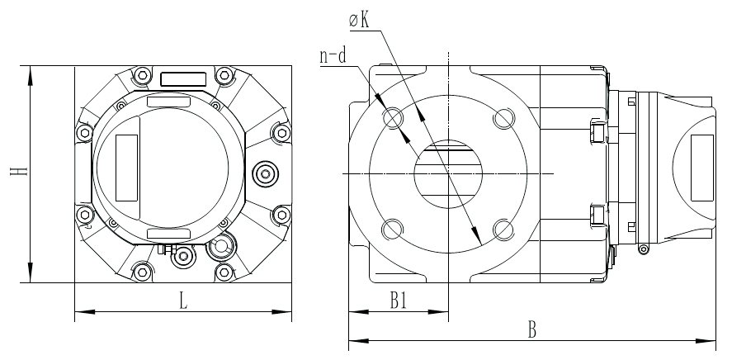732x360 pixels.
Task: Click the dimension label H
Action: pyautogui.click(x=19, y=172)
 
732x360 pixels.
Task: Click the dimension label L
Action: pyautogui.click(x=184, y=301)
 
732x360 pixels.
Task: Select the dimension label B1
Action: pyautogui.click(x=399, y=301)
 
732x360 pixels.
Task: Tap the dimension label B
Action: pyautogui.click(x=531, y=330)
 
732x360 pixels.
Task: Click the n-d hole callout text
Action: pyautogui.click(x=333, y=56)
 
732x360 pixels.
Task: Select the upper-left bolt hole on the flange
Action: pyautogui.click(x=393, y=117)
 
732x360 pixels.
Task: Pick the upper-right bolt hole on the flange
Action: pyautogui.click(x=503, y=118)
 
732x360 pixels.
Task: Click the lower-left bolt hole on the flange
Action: pyautogui.click(x=392, y=229)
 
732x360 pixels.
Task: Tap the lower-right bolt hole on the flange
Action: pyautogui.click(x=503, y=229)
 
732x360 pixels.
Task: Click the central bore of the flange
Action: pyautogui.click(x=447, y=173)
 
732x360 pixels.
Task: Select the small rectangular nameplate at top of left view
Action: pyautogui.click(x=183, y=79)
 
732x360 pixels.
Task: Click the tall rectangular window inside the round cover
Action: pyautogui.click(x=126, y=168)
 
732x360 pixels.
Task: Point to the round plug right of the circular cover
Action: pyautogui.click(x=266, y=174)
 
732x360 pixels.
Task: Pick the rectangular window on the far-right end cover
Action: pyautogui.click(x=702, y=168)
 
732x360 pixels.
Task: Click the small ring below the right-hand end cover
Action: pyautogui.click(x=644, y=249)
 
